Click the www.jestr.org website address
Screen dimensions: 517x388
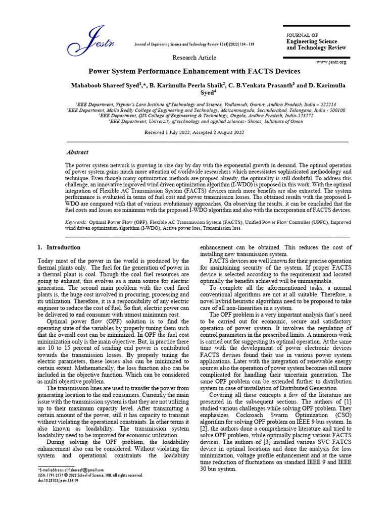tap(331, 62)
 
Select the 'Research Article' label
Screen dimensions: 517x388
tap(195, 58)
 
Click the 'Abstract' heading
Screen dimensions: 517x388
tap(77, 152)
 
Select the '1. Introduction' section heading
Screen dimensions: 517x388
tap(59, 247)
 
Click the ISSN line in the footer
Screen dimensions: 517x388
tap(90, 475)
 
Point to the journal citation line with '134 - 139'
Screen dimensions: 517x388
tap(194, 44)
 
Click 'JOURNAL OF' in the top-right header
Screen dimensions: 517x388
tap(302, 35)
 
